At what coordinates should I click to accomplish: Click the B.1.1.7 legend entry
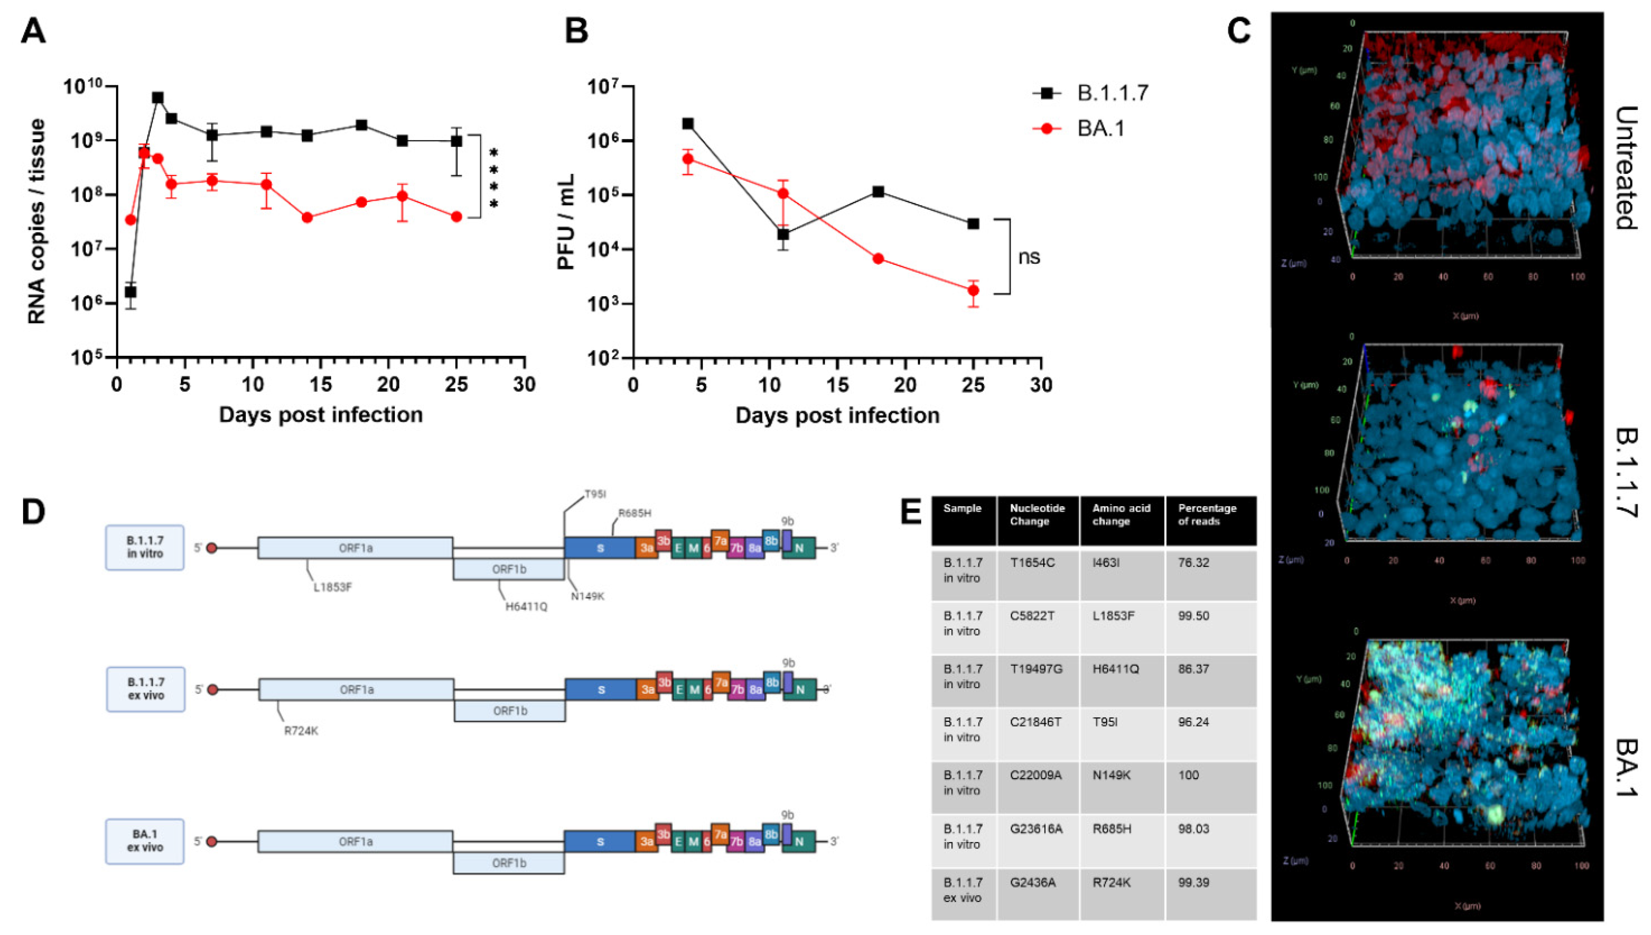(1112, 94)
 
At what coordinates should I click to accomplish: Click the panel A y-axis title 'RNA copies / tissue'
(37, 222)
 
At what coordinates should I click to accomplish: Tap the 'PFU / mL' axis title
(565, 222)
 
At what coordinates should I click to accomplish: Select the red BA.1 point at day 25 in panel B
(973, 290)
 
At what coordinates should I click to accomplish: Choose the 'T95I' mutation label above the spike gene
(595, 494)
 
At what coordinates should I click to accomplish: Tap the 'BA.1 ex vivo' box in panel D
(145, 841)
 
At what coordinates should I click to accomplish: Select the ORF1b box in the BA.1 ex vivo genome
(509, 863)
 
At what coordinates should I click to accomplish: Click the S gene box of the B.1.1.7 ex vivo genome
(601, 690)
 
